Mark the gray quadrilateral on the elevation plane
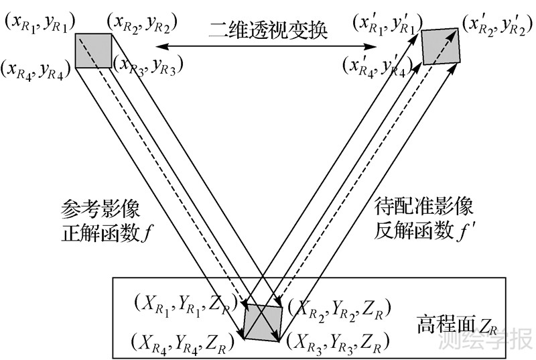tap(262, 321)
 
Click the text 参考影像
tap(100, 209)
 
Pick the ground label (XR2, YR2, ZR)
tap(335, 308)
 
